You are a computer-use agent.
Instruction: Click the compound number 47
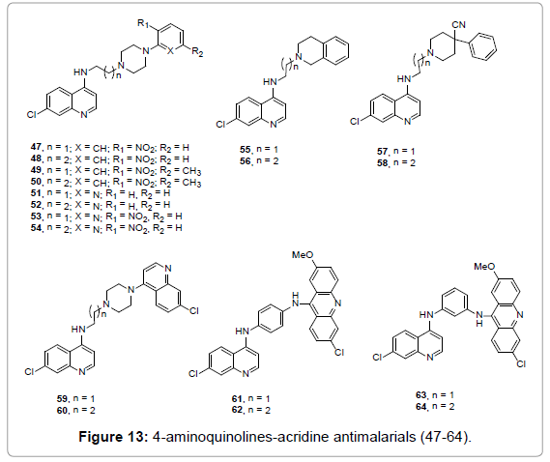36,147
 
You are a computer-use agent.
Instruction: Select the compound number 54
36,228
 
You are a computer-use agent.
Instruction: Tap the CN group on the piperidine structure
459,25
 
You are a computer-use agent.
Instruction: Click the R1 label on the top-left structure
144,24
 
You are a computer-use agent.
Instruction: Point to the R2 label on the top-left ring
197,52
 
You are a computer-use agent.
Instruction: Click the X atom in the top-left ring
170,51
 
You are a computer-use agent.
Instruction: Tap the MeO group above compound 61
304,254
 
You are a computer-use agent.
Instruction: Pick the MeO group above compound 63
484,266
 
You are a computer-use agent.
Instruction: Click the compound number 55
246,149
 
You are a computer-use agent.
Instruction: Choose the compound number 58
383,162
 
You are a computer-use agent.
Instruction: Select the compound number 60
63,410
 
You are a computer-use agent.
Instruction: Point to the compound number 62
237,410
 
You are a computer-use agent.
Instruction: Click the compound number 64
421,406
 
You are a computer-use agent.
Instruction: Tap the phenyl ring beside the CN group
483,46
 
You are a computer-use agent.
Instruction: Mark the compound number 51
36,192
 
